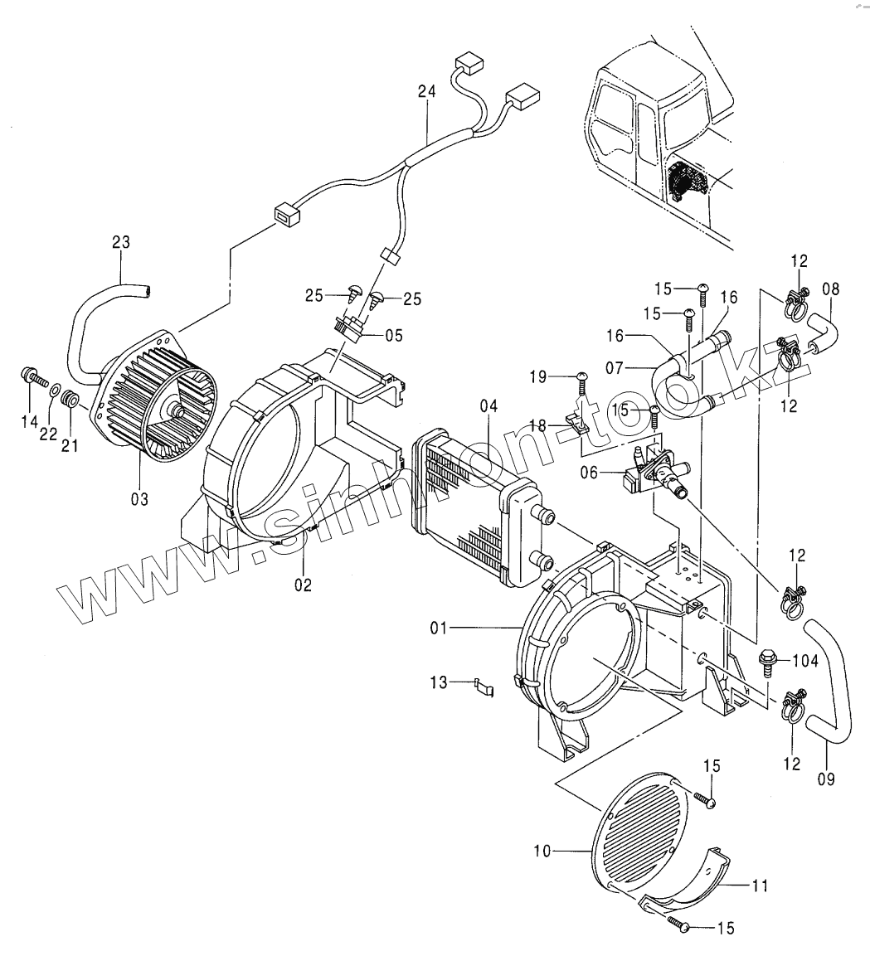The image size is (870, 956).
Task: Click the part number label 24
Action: pos(426,92)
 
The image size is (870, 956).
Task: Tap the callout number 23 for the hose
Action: pos(121,242)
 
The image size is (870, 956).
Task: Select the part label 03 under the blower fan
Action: pos(139,499)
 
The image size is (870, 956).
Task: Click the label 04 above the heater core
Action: pos(488,406)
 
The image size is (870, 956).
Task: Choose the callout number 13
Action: pos(439,682)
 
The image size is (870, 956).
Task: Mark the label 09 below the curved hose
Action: pos(826,779)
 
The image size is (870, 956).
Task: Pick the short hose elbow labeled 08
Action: pos(824,332)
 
